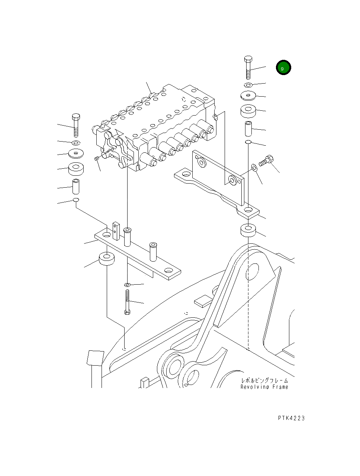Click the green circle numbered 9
click(283, 68)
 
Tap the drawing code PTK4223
click(291, 418)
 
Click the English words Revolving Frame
click(264, 387)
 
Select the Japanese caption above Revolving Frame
click(264, 381)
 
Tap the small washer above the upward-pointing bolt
click(127, 285)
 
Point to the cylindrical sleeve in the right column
click(248, 128)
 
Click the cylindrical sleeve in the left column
click(76, 186)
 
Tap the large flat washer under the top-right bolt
click(248, 96)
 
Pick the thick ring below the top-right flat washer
click(248, 111)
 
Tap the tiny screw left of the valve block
click(96, 159)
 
